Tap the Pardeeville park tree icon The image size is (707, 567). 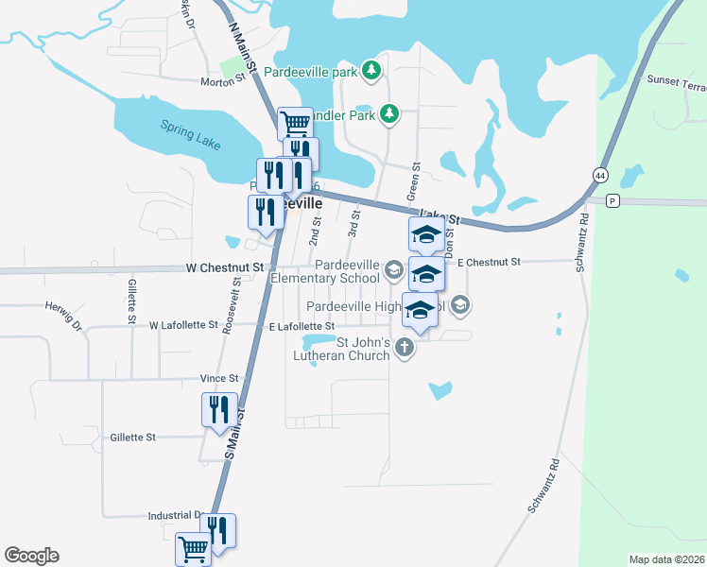[372, 70]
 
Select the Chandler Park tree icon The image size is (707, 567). [388, 114]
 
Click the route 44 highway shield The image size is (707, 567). [600, 175]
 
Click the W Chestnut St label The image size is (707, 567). [232, 268]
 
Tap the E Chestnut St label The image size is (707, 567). [489, 262]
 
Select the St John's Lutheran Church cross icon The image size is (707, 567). [404, 347]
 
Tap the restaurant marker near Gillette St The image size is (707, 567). [219, 410]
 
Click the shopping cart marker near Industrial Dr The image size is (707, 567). [194, 547]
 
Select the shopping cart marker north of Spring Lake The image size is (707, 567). [295, 122]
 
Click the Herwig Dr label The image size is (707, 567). [64, 316]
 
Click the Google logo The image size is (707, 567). [31, 556]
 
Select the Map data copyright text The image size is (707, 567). [665, 559]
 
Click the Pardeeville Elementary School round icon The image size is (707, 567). [393, 272]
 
